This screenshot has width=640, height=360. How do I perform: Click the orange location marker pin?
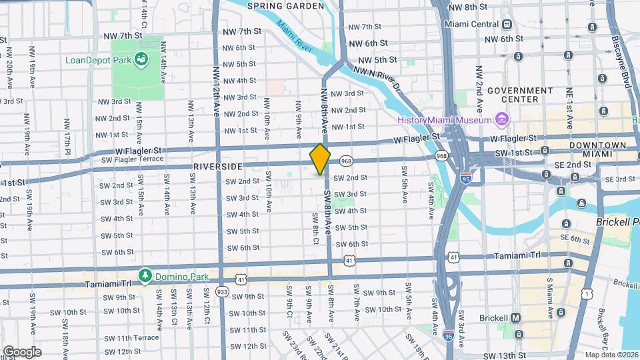(320, 159)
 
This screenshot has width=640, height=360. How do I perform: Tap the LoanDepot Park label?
(97, 60)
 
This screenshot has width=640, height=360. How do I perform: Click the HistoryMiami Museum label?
(445, 120)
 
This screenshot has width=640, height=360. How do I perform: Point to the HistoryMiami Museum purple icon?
(501, 120)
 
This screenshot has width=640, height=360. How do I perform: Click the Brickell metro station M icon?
(517, 318)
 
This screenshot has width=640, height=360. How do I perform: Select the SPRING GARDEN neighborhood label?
(285, 6)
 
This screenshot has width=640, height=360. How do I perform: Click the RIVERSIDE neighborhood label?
(217, 165)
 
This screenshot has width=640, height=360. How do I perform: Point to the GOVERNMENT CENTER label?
(520, 95)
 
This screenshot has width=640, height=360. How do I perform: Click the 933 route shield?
(222, 291)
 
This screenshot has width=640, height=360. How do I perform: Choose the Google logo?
(22, 351)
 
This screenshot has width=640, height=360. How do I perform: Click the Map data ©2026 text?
(611, 355)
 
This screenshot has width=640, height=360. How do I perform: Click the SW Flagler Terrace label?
(133, 159)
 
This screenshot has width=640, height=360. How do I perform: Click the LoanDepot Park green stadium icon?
(141, 61)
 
